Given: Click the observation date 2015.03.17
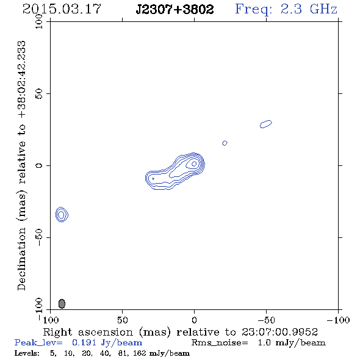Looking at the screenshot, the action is click(62, 9).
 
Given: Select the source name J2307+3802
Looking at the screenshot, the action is click(175, 9).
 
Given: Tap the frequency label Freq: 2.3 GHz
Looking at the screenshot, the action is click(286, 9).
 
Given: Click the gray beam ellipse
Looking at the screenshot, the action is click(62, 303).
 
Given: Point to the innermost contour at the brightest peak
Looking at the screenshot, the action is click(194, 164).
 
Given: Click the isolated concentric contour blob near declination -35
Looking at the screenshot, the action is click(62, 214).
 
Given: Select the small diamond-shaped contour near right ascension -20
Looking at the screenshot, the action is click(225, 143).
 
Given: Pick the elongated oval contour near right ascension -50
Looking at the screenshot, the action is click(266, 124).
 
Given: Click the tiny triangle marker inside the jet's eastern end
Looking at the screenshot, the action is click(153, 179).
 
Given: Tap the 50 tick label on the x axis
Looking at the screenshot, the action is click(122, 320).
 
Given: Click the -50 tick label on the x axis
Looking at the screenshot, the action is click(266, 320).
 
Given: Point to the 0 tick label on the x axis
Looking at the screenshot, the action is click(194, 320).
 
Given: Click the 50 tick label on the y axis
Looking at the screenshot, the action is click(39, 93).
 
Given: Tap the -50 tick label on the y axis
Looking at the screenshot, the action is click(39, 237).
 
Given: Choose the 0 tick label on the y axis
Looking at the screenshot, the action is click(39, 165).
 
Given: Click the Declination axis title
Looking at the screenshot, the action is click(21, 165).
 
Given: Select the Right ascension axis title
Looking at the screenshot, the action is click(181, 332).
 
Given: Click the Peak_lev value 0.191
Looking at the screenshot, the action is click(84, 342).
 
